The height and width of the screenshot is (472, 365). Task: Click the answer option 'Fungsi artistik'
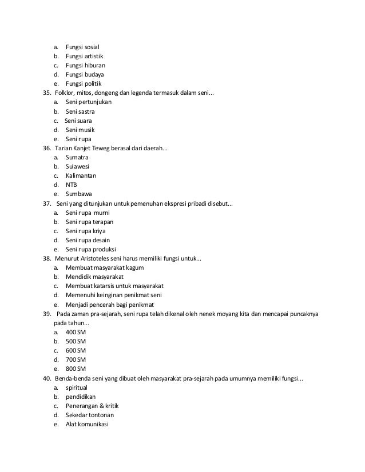tap(84, 56)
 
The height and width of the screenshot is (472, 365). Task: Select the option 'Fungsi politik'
tap(83, 83)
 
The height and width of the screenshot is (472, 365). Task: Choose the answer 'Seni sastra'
tap(80, 111)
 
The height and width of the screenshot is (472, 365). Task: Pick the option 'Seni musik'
tap(80, 130)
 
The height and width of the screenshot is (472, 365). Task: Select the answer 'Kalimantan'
tap(81, 175)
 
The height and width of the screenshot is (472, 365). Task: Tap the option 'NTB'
tap(71, 185)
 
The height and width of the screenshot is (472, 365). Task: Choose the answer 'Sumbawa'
tap(78, 194)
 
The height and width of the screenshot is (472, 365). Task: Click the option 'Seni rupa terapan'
tap(89, 222)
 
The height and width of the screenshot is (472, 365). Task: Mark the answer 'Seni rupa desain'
tap(88, 240)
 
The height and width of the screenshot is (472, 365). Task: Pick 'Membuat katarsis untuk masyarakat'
tap(114, 286)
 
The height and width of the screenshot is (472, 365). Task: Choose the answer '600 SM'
tap(76, 350)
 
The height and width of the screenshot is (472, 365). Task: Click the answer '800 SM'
tap(76, 369)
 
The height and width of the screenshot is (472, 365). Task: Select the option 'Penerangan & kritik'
tap(92, 406)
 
